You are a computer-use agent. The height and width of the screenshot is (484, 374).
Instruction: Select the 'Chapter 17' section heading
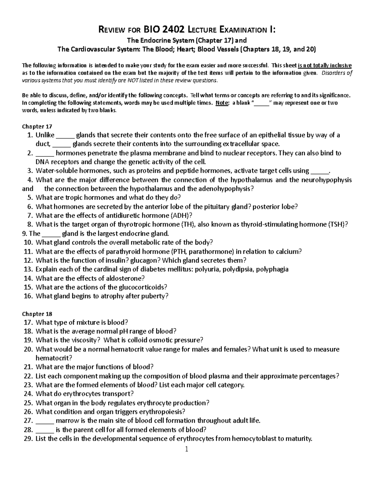(x=37, y=126)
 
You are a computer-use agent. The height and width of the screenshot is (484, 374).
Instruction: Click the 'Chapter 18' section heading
(x=37, y=314)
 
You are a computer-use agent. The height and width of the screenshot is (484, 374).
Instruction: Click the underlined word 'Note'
(x=222, y=103)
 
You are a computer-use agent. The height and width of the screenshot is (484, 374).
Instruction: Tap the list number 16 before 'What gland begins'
(x=28, y=296)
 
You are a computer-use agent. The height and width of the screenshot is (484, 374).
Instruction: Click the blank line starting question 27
(x=45, y=421)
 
